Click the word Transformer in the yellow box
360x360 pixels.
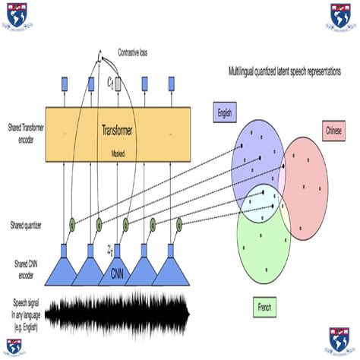118,130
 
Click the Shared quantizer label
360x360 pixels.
25,225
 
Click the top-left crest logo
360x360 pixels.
17,14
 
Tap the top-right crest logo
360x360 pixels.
343,14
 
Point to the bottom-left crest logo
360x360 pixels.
16,343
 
